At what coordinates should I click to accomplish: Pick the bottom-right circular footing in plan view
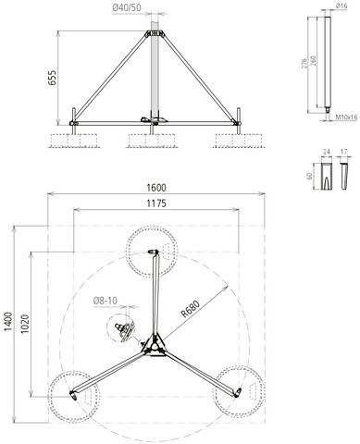click(x=237, y=392)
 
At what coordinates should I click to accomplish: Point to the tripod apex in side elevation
click(x=155, y=34)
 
